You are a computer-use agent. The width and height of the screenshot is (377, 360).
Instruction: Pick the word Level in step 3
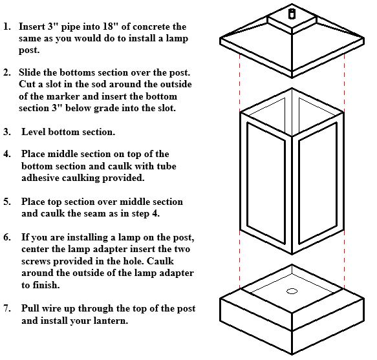tap(34, 132)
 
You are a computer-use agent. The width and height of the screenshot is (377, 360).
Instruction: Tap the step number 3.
tap(7, 132)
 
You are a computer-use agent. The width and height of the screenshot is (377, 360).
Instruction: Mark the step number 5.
tap(7, 202)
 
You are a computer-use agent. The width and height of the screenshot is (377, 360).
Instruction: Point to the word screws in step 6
tap(36, 262)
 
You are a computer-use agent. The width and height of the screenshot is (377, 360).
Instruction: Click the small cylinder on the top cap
tap(292, 14)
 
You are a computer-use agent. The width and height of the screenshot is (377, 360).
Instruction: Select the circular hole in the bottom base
tap(292, 291)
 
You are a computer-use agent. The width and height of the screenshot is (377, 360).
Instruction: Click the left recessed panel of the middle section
tap(266, 184)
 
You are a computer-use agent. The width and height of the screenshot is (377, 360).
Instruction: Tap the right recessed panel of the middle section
tap(318, 184)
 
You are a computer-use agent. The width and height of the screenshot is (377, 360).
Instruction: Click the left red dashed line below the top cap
tap(240, 83)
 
